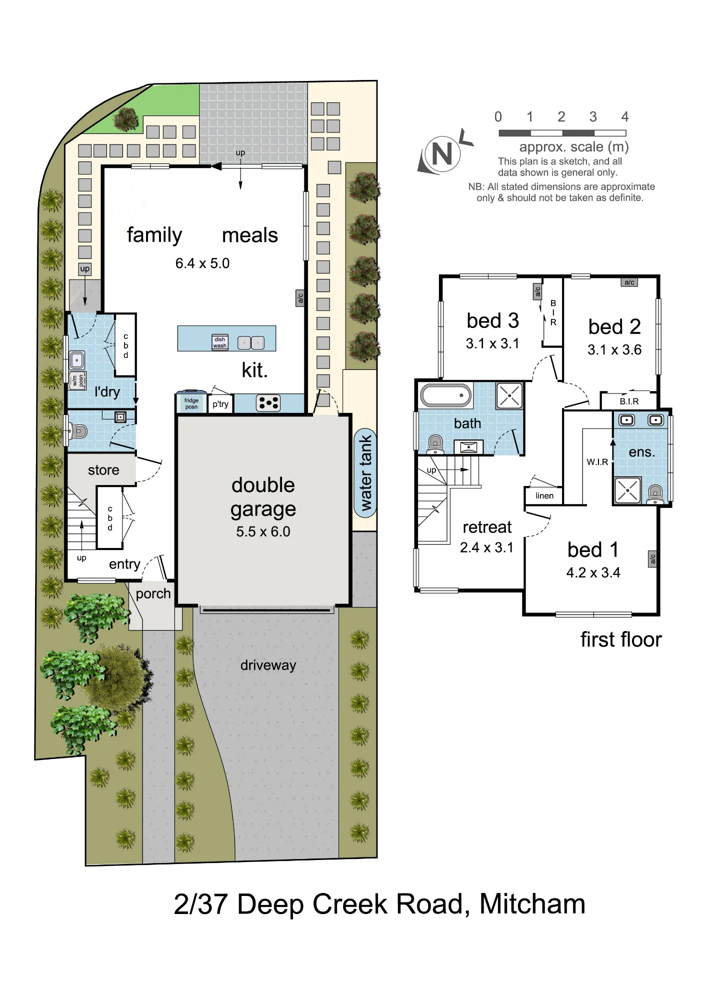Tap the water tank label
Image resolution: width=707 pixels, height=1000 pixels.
366,473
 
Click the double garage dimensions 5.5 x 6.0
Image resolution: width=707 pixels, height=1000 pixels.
263,531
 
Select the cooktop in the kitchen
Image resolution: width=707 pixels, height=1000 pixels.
268,403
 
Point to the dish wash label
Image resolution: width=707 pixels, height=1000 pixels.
220,342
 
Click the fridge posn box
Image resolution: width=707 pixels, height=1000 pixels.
191,402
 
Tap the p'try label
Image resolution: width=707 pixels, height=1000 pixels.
220,404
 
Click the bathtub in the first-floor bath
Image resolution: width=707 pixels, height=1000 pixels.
446,395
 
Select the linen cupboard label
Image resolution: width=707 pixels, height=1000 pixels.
544,495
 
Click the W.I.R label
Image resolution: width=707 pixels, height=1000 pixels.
597,462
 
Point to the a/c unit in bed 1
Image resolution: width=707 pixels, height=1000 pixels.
652,559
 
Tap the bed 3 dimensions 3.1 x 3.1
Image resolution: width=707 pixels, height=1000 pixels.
492,343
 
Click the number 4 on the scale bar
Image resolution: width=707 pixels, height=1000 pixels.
625,117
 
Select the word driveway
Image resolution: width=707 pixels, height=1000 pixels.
268,665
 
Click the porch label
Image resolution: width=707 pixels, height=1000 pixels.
153,594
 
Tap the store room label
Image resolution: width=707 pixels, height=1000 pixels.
103,470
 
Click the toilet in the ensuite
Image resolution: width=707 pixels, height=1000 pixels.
655,493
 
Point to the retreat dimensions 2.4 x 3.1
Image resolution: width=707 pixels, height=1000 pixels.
486,547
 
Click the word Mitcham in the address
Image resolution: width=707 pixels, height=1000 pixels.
532,904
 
